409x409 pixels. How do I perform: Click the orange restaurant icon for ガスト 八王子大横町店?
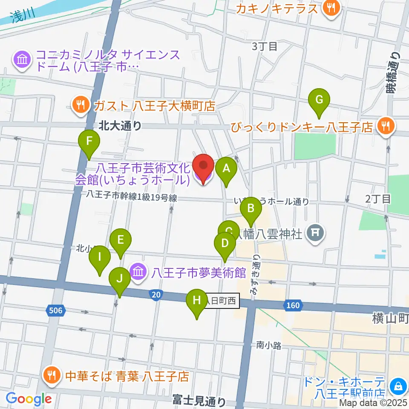(80, 105)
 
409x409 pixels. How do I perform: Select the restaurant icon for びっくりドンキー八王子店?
(386, 127)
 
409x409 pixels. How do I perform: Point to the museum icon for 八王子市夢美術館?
(139, 271)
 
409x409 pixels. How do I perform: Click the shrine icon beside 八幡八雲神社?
(315, 233)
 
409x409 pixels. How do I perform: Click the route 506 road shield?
(56, 311)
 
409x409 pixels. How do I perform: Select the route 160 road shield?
(294, 305)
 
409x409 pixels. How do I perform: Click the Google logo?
(28, 399)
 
